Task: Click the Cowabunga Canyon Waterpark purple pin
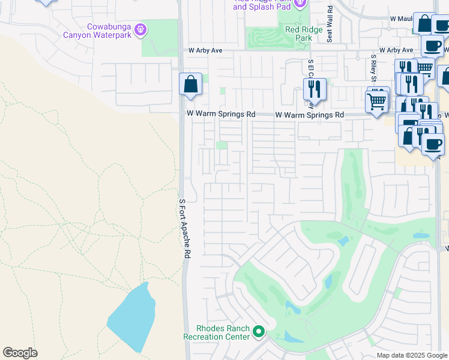pyautogui.click(x=141, y=29)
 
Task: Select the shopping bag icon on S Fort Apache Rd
pyautogui.click(x=190, y=85)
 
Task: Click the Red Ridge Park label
pyautogui.click(x=300, y=34)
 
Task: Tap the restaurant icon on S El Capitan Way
pyautogui.click(x=315, y=89)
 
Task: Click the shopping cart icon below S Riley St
pyautogui.click(x=378, y=100)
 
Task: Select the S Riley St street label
pyautogui.click(x=372, y=68)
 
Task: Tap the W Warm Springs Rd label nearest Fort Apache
pyautogui.click(x=221, y=113)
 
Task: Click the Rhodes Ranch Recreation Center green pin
pyautogui.click(x=259, y=331)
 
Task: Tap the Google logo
pyautogui.click(x=20, y=353)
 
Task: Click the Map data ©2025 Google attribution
pyautogui.click(x=411, y=355)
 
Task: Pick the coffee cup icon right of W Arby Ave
pyautogui.click(x=432, y=46)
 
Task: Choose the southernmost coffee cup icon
pyautogui.click(x=433, y=145)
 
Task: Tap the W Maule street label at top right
pyautogui.click(x=400, y=19)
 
